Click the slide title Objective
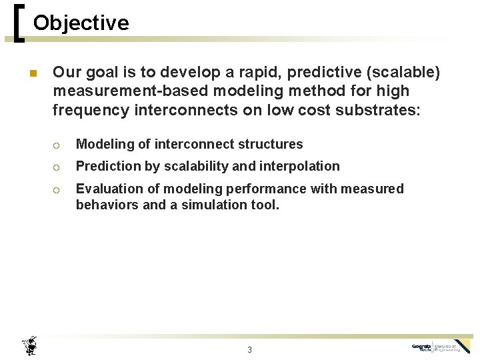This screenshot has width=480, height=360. (x=81, y=23)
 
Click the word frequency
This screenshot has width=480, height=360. (x=85, y=110)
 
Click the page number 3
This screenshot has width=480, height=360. (x=249, y=349)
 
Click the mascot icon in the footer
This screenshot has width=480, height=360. (x=29, y=345)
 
